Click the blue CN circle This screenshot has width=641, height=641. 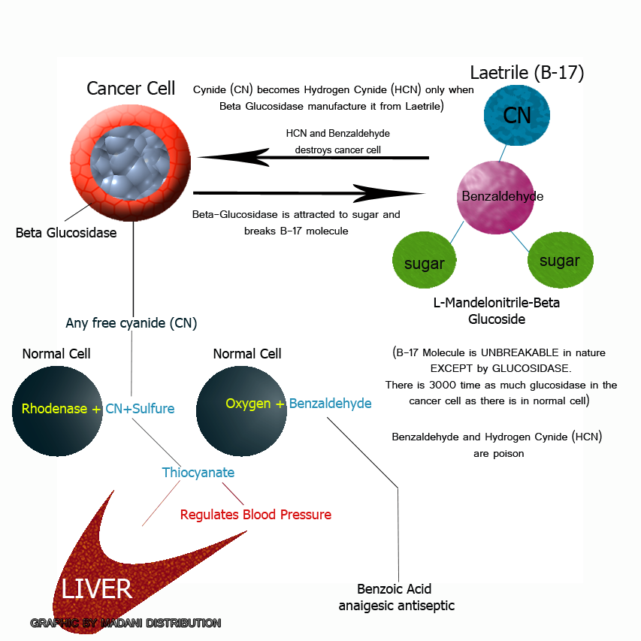click(x=516, y=116)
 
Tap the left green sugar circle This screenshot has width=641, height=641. click(x=425, y=263)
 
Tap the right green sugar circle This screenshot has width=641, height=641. click(x=559, y=260)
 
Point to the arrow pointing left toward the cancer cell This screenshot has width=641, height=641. click(x=312, y=157)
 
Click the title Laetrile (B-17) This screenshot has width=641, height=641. click(x=527, y=73)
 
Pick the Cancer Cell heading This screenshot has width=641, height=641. click(x=131, y=88)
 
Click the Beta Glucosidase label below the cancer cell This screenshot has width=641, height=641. click(x=66, y=233)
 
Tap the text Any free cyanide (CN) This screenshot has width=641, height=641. click(x=132, y=323)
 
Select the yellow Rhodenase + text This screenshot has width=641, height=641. click(x=61, y=410)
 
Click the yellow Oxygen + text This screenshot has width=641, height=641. click(x=255, y=404)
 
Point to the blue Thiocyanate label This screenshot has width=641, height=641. click(x=198, y=473)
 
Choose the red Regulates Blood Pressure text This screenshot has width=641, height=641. click(x=255, y=515)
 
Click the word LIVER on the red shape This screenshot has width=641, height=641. click(x=97, y=588)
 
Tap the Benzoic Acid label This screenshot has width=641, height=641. click(x=394, y=589)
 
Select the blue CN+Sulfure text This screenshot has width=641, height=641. click(x=140, y=410)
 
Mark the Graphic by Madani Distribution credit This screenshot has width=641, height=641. click(x=125, y=623)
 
